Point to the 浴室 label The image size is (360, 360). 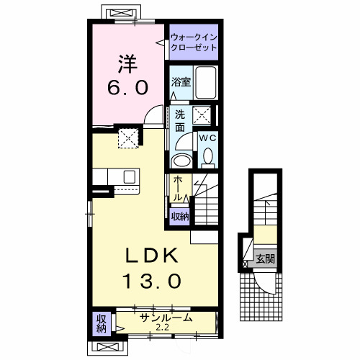(x=180, y=83)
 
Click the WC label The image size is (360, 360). (x=207, y=137)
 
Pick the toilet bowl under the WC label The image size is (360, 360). (x=207, y=155)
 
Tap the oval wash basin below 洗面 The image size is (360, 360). (x=182, y=160)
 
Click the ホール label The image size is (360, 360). (x=177, y=189)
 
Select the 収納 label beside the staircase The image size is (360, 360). (x=179, y=215)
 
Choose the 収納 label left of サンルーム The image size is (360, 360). (x=101, y=323)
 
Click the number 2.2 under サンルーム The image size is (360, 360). (x=165, y=328)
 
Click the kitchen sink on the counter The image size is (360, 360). (x=130, y=177)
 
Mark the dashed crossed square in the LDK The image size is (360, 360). (x=128, y=138)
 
